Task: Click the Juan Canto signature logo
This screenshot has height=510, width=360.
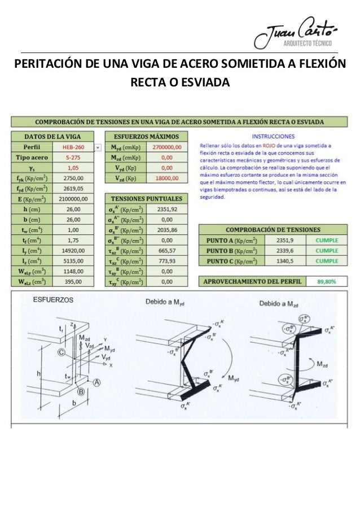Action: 295,32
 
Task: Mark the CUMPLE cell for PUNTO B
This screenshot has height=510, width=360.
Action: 327,250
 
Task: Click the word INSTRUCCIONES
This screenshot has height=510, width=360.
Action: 272,136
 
